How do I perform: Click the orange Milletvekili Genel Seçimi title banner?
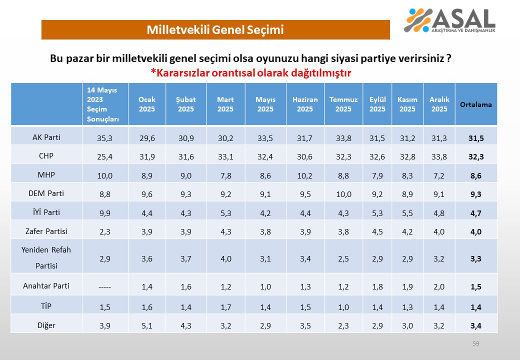tap(215, 30)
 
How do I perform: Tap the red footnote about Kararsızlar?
tap(251, 73)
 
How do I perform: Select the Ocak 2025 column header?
tap(147, 104)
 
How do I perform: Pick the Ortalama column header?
tap(476, 104)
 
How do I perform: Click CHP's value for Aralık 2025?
tap(439, 156)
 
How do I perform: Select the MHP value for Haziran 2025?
tap(304, 175)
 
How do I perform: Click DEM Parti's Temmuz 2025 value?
tap(343, 194)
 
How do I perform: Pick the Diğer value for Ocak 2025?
tap(147, 325)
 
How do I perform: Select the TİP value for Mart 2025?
tap(225, 306)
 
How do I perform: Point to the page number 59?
tap(475, 343)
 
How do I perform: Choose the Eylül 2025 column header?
tap(377, 104)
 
